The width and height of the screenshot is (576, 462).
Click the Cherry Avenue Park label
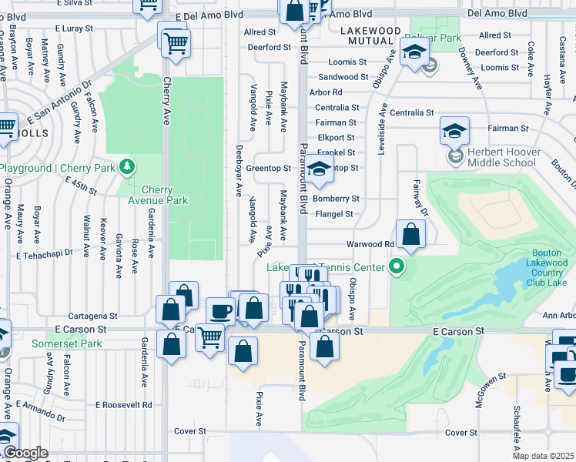click(x=164, y=195)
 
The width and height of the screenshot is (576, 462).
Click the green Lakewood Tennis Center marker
click(x=397, y=267)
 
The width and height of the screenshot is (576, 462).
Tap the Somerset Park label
click(x=67, y=343)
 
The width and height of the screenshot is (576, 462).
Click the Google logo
click(x=25, y=454)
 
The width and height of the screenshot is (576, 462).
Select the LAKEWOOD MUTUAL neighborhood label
click(x=370, y=35)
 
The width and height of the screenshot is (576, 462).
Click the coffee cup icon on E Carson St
click(x=221, y=311)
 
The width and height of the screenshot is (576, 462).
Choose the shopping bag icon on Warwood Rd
click(x=411, y=233)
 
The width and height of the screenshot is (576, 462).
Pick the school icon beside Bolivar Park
click(x=414, y=53)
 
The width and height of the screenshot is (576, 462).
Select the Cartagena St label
click(x=92, y=316)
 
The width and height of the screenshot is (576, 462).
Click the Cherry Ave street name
click(x=166, y=104)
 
